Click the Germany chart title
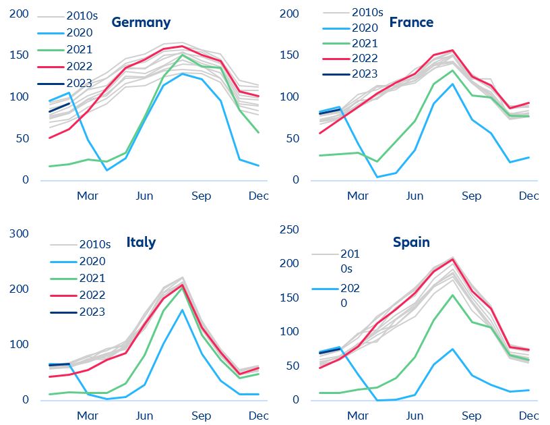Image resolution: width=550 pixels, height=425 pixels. pos(141,22)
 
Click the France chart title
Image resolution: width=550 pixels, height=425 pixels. pos(411,22)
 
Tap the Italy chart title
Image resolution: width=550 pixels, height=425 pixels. pos(141,242)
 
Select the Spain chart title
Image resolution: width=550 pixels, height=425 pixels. pos(411,242)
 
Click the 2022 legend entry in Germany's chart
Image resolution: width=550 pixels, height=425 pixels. pos(80,66)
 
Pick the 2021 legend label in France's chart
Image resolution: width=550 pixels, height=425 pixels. pos(365,43)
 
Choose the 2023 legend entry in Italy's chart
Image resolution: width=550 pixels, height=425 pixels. pos(92,312)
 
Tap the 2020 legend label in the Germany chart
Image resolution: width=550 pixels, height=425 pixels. pos(80,32)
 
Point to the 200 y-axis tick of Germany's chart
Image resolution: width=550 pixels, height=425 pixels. pos(20,13)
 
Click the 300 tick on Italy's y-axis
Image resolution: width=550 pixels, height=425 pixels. pos(20,233)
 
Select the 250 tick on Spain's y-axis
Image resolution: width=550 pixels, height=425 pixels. pos(289,229)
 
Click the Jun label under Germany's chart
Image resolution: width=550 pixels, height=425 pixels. pos(144,196)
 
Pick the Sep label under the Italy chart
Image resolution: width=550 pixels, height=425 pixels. pos(201,416)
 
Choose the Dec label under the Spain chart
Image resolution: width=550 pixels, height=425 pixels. pos(528,416)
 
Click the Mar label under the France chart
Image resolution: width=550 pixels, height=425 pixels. pos(357,196)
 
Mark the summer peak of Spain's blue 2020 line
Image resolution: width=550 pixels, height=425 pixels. pos(452,349)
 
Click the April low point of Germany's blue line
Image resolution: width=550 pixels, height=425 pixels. pos(106,170)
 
